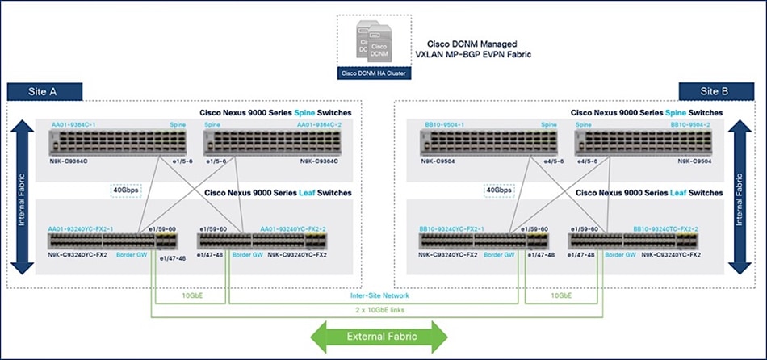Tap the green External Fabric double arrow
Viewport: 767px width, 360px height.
coord(380,336)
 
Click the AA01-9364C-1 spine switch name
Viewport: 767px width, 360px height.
coord(86,126)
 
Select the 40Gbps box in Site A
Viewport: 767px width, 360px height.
coord(125,191)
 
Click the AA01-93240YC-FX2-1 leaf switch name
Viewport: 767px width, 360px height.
coord(80,228)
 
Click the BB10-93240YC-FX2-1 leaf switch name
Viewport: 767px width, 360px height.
coord(456,228)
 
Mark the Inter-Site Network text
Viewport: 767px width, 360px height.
coord(379,295)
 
